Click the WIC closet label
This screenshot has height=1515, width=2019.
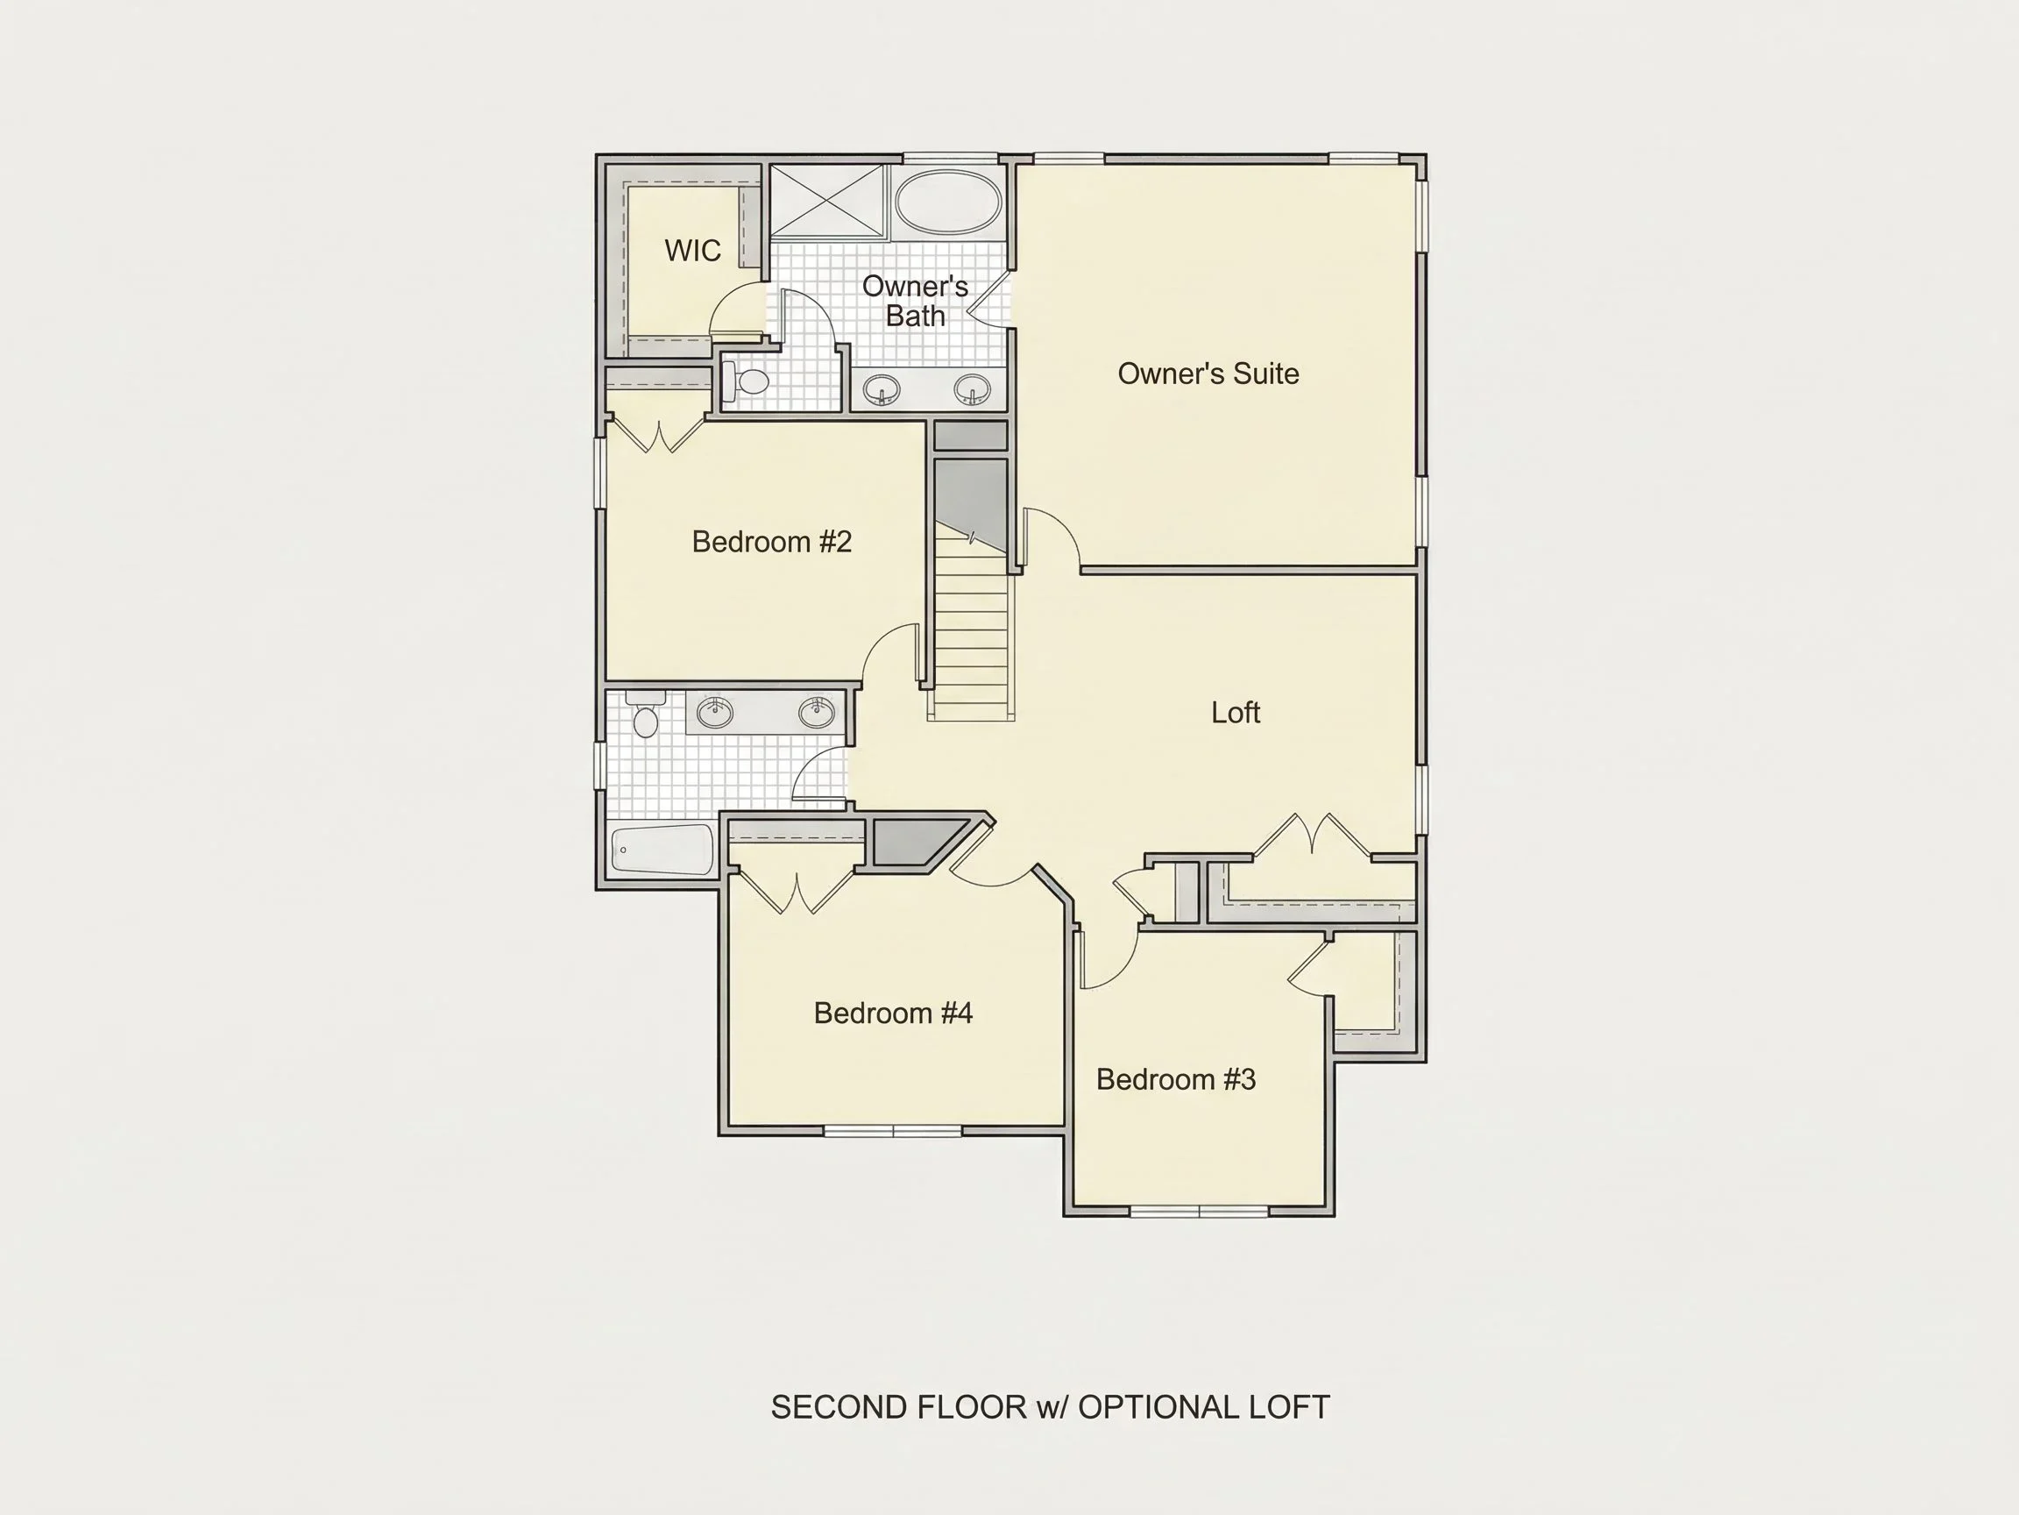(x=693, y=250)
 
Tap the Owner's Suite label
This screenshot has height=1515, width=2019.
(x=1208, y=373)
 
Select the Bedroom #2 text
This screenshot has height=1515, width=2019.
(x=772, y=542)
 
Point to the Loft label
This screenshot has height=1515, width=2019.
(x=1236, y=712)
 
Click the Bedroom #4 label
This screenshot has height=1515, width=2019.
(x=894, y=1013)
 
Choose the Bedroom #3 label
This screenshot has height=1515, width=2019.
(x=1176, y=1079)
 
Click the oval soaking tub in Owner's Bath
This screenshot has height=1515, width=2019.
(x=947, y=202)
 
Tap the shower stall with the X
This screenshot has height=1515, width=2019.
(x=827, y=202)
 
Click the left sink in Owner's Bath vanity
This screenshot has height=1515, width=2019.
(x=882, y=391)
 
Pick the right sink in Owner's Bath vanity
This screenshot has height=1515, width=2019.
(x=972, y=391)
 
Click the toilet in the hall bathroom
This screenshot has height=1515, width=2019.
(x=645, y=715)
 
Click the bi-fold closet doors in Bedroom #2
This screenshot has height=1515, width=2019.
(x=657, y=435)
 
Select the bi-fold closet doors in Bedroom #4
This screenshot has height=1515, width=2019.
(x=796, y=893)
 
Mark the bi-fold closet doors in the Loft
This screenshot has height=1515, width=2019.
(x=1312, y=834)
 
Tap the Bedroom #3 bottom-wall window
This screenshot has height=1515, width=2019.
(x=1199, y=1212)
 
